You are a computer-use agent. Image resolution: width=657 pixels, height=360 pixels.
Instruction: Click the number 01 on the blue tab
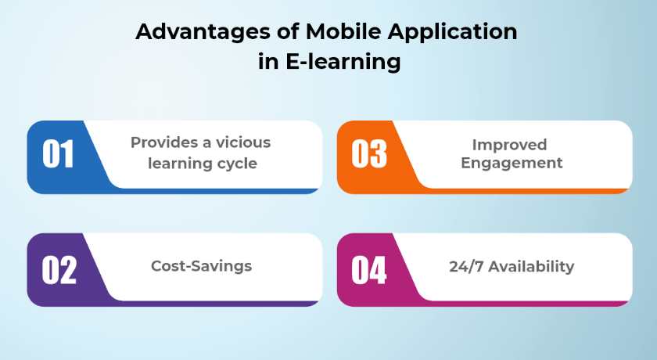(58, 154)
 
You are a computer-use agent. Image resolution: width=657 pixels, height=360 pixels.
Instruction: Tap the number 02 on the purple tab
(59, 270)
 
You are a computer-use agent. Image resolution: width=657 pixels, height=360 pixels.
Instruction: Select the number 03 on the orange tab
(369, 154)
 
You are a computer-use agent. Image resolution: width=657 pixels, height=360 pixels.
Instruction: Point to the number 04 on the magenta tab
(368, 270)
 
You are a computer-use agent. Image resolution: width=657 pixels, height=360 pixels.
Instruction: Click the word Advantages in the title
(203, 33)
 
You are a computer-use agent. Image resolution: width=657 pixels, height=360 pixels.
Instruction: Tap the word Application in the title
(453, 33)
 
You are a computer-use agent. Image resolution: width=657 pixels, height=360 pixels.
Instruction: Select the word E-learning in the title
(343, 62)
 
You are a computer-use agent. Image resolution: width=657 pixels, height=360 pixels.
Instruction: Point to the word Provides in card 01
(163, 142)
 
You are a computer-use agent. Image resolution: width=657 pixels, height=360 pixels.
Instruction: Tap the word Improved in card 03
(509, 146)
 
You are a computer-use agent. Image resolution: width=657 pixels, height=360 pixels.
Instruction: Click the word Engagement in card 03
(512, 164)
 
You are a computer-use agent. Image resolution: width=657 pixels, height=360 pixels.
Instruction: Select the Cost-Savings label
(202, 266)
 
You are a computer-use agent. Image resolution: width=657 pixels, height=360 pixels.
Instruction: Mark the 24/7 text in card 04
(466, 267)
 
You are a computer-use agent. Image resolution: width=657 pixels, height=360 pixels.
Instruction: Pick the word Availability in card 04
(531, 267)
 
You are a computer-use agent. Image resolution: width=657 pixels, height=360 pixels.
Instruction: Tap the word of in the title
(288, 31)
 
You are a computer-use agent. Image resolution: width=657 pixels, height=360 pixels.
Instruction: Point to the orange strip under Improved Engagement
(528, 191)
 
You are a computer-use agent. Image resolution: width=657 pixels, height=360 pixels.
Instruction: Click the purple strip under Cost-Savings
(218, 304)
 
